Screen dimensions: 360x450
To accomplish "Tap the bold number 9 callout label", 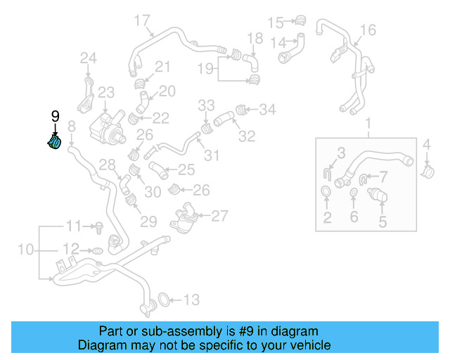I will [x=55, y=117].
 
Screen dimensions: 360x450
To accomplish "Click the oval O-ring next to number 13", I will [x=160, y=300].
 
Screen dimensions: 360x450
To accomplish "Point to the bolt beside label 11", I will [x=99, y=226].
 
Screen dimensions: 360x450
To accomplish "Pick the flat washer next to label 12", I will [x=98, y=250].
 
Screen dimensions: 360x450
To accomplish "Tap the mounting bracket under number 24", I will [x=86, y=95].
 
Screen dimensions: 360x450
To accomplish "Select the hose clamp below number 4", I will [x=427, y=169].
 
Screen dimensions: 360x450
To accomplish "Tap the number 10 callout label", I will [x=25, y=249].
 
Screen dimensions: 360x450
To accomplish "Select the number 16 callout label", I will [x=368, y=30].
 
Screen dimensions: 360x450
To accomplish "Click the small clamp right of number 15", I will [x=301, y=20].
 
